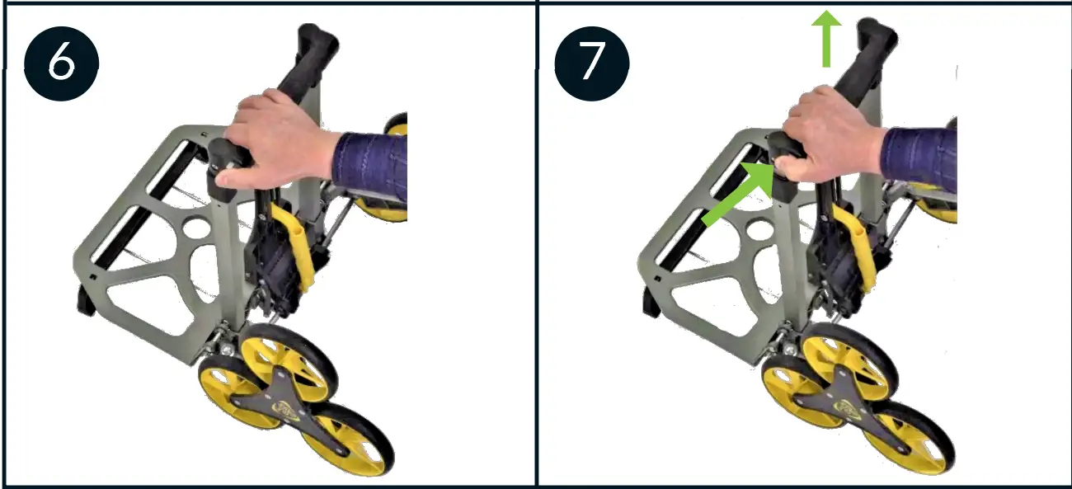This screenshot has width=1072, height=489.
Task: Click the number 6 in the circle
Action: [x=61, y=63]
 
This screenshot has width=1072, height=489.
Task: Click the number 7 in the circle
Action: [x=590, y=63]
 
